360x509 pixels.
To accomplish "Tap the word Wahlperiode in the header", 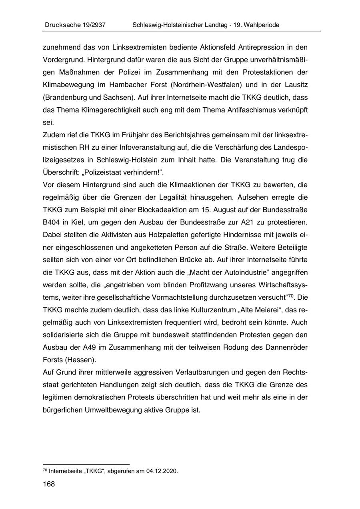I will coord(260,25).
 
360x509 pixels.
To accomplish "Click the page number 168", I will coord(48,484).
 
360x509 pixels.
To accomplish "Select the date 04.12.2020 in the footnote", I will coord(162,471).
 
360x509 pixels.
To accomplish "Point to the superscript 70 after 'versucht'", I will coord(292,297).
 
